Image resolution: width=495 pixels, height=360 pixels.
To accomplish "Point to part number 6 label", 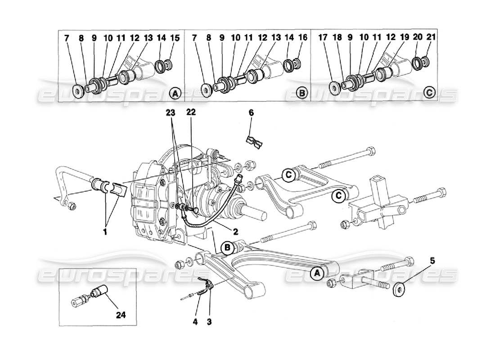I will (x=251, y=113).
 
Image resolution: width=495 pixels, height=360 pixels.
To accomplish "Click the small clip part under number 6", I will (x=255, y=142).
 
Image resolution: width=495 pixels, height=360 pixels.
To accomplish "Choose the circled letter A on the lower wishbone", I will (x=317, y=273).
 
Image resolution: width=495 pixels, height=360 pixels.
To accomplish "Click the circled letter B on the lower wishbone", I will (x=228, y=247).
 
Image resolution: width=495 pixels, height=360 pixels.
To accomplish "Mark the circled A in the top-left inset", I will (x=175, y=94).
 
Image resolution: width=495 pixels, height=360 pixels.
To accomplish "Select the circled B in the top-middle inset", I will (x=302, y=94).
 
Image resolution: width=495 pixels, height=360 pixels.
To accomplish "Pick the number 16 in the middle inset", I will (x=303, y=38).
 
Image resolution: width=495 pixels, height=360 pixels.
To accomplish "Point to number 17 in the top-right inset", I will (x=336, y=38).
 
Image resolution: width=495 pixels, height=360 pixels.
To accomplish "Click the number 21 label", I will (x=431, y=38).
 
